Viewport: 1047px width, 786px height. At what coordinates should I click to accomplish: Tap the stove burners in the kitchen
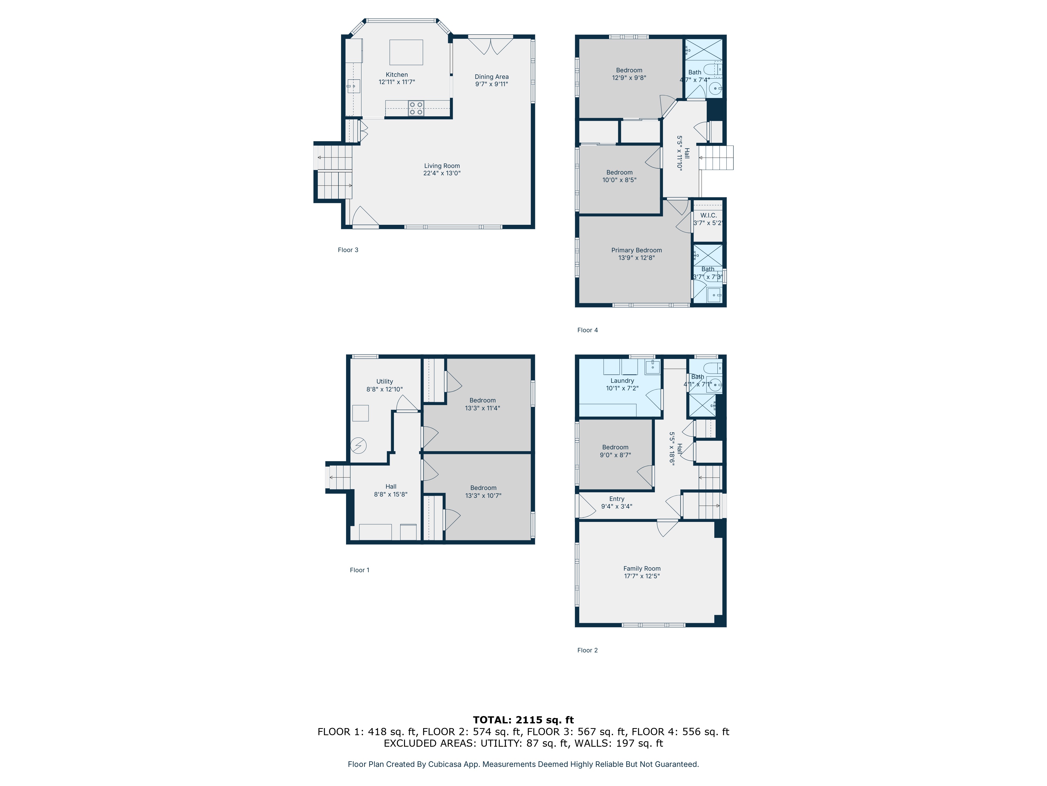(x=416, y=108)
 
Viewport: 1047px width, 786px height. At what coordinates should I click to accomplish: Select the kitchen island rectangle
(x=406, y=52)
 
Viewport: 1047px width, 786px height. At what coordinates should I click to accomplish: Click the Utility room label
(x=384, y=381)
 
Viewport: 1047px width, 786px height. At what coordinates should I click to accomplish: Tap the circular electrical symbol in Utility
(x=358, y=446)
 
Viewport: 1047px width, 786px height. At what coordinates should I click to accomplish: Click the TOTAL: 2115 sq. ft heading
(x=523, y=720)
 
